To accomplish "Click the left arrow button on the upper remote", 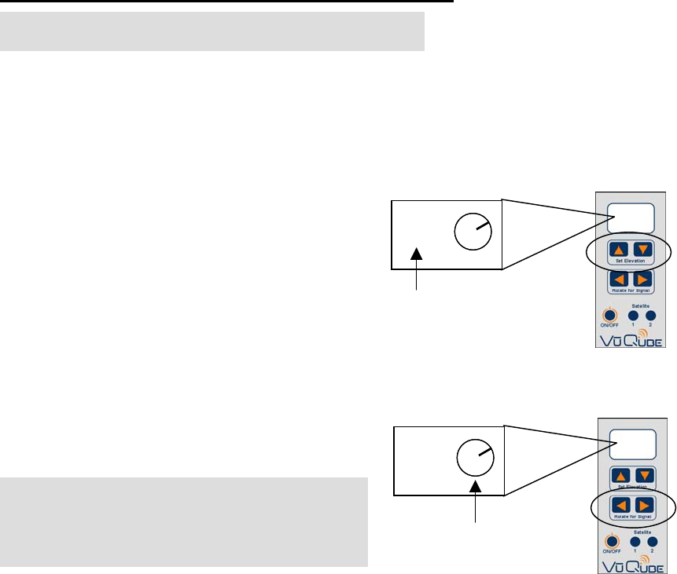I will tap(619, 280).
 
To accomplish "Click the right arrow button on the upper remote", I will tap(642, 280).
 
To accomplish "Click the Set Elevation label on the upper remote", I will tap(630, 260).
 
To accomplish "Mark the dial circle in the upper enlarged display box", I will tap(472, 232).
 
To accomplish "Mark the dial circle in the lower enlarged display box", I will tap(474, 459).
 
